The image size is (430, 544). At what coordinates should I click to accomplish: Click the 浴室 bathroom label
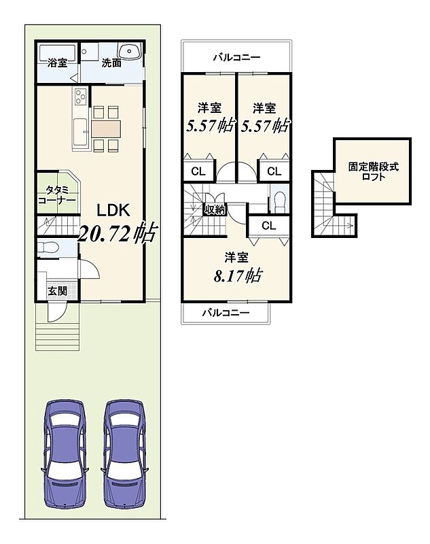pyautogui.click(x=58, y=63)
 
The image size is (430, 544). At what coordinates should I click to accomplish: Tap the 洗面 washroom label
pyautogui.click(x=111, y=63)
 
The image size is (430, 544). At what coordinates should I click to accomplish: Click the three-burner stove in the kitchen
pyautogui.click(x=81, y=96)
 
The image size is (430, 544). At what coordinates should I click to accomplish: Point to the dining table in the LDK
pyautogui.click(x=106, y=129)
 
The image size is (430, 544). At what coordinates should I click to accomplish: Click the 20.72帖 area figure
pyautogui.click(x=117, y=233)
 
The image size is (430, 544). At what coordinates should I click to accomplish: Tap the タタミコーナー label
pyautogui.click(x=57, y=195)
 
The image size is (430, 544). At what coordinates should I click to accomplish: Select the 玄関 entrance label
pyautogui.click(x=58, y=291)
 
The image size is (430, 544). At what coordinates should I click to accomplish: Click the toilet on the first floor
pyautogui.click(x=48, y=248)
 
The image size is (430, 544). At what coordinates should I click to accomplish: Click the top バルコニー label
pyautogui.click(x=236, y=57)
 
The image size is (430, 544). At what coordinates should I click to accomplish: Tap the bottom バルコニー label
pyautogui.click(x=226, y=313)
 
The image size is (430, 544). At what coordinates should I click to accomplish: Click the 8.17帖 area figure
pyautogui.click(x=237, y=276)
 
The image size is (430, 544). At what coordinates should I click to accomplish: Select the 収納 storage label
pyautogui.click(x=215, y=209)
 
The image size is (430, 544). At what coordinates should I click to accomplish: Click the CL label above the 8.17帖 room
pyautogui.click(x=269, y=226)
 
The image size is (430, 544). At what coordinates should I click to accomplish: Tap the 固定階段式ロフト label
pyautogui.click(x=373, y=172)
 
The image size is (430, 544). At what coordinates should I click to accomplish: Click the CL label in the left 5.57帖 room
pyautogui.click(x=198, y=171)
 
